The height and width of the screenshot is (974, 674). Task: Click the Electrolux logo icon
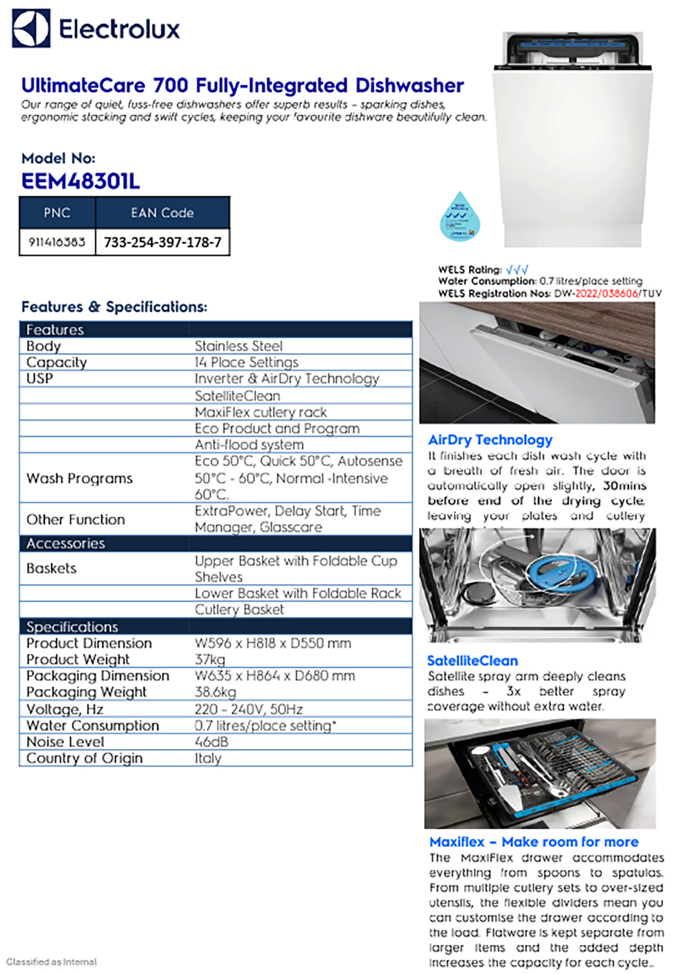(31, 28)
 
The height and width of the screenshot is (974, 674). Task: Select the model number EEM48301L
(81, 182)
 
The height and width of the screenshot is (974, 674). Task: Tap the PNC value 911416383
(57, 242)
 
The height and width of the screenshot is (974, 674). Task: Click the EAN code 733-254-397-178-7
(162, 242)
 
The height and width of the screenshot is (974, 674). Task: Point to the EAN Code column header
(162, 213)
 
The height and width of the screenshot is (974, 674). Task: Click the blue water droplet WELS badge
(461, 217)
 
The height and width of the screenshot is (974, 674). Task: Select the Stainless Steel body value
(239, 346)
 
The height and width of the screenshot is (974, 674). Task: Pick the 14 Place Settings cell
(246, 362)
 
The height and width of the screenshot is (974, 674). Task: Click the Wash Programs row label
(80, 478)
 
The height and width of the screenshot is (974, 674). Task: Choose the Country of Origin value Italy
(208, 758)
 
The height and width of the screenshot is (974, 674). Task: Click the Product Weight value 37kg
(210, 660)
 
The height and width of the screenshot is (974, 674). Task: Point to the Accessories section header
(66, 544)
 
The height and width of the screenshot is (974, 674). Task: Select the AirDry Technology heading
(490, 440)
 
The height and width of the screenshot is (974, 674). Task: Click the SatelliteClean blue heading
(472, 661)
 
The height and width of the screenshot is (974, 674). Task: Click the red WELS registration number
(607, 293)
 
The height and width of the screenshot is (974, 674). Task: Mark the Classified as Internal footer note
(52, 962)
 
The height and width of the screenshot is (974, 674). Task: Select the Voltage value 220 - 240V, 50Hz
(249, 709)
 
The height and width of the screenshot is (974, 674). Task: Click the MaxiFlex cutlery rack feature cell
(261, 412)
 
